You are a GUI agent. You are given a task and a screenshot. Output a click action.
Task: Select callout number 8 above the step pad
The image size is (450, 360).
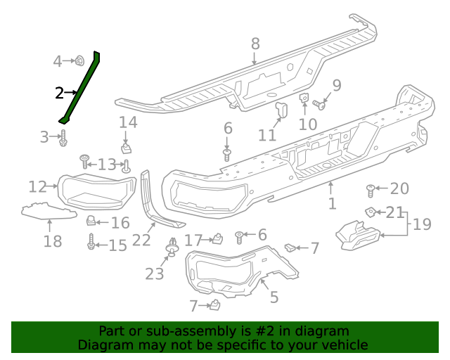[x=255, y=44]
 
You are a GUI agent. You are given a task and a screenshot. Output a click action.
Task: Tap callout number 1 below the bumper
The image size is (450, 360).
[x=332, y=204]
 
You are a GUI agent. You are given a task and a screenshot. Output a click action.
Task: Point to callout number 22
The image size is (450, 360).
[x=141, y=239]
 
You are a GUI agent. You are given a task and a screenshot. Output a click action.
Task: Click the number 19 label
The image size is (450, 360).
[x=422, y=225]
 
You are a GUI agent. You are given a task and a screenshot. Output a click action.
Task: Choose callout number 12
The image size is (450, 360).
[x=37, y=186]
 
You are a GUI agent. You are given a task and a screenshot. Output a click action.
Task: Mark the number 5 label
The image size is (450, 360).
[x=274, y=297]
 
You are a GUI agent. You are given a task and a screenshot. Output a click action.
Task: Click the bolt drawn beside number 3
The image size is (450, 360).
[x=63, y=137]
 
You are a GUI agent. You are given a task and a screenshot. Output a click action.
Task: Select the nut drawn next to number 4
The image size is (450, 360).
[x=80, y=61]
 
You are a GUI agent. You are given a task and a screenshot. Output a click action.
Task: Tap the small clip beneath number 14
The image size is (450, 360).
[x=127, y=148]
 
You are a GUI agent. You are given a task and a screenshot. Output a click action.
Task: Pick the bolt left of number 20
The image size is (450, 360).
[x=371, y=188]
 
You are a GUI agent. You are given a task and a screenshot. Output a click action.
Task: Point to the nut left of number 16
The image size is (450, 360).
[x=91, y=221]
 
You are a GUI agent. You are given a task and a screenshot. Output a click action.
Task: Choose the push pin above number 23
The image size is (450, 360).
[x=171, y=249]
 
